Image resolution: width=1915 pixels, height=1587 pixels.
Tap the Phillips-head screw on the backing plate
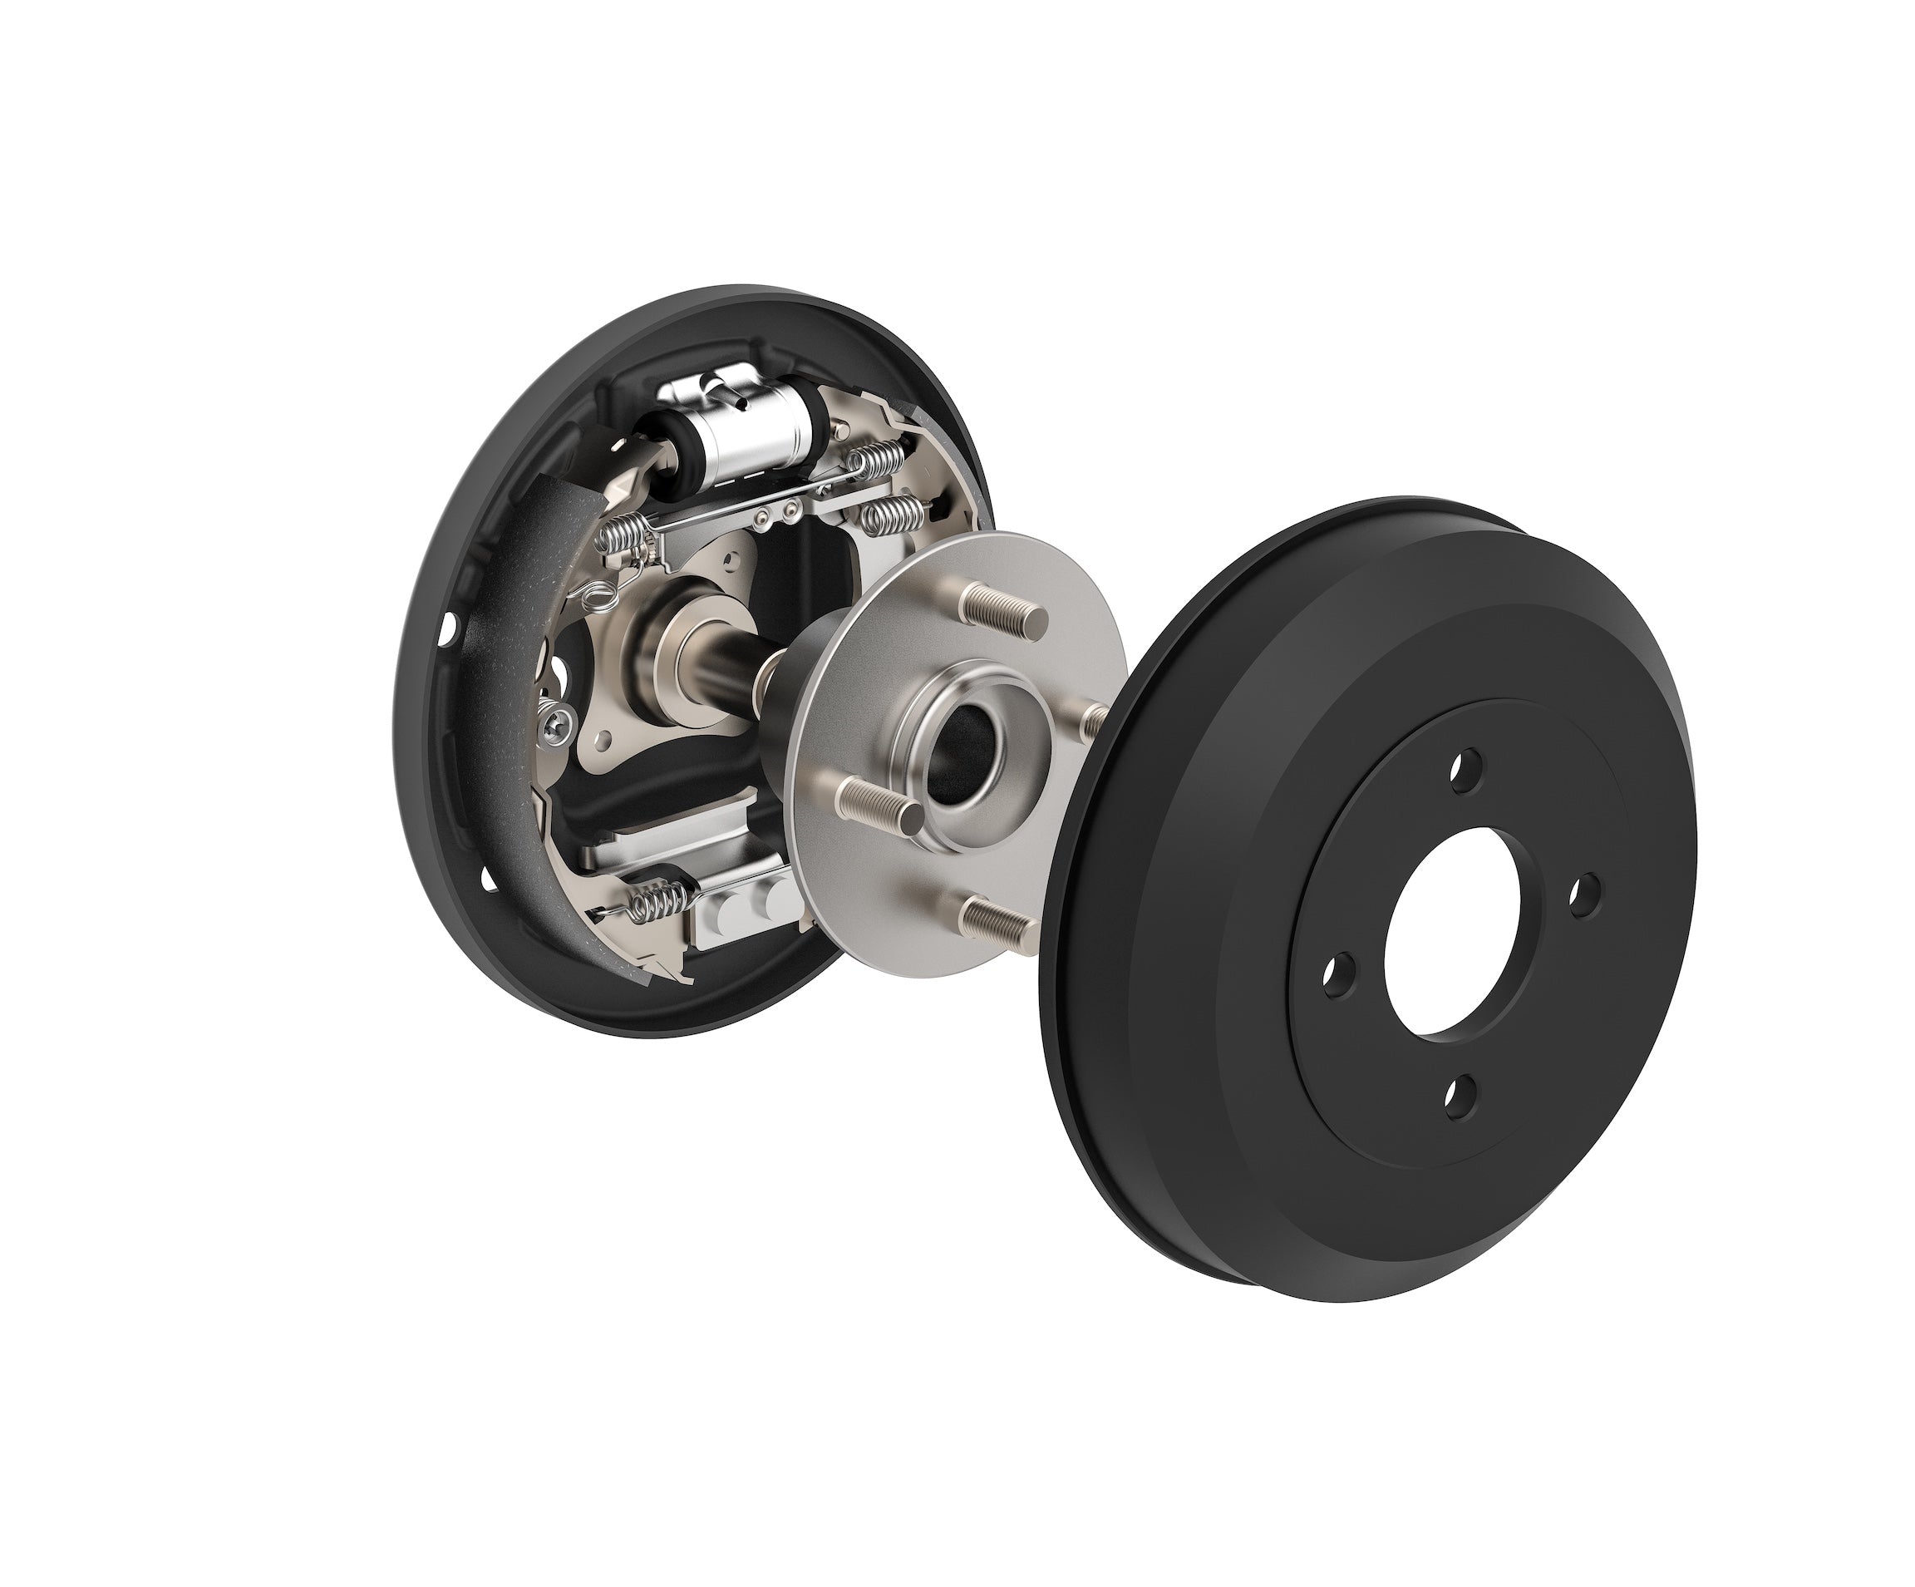[558, 723]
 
